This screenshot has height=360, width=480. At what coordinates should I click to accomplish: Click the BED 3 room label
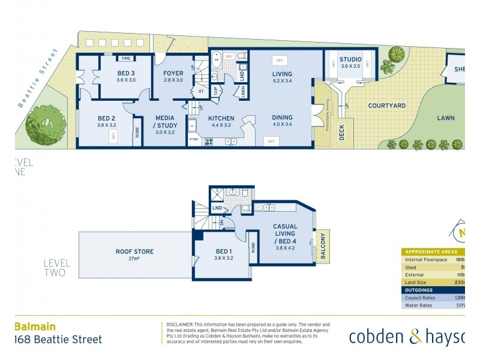[126, 73]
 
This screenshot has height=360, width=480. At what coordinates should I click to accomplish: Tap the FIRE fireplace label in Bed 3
[126, 58]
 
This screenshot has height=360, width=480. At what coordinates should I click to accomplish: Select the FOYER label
[173, 73]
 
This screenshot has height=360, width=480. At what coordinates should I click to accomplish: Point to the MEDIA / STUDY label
[164, 122]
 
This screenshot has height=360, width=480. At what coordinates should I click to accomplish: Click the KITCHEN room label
[221, 118]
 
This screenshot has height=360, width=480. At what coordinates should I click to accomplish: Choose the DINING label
[281, 118]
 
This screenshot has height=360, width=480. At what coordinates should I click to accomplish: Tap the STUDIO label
[350, 59]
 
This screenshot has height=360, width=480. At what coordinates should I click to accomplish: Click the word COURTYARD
[386, 106]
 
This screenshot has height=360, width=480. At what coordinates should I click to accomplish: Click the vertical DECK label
[341, 133]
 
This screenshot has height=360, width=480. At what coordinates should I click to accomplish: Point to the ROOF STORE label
[135, 251]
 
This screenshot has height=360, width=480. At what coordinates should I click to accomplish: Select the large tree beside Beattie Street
[44, 125]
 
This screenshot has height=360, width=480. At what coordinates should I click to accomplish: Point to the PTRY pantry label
[193, 140]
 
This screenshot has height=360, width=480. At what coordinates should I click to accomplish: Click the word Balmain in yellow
[35, 327]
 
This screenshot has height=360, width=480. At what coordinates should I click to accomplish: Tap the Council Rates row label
[419, 297]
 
